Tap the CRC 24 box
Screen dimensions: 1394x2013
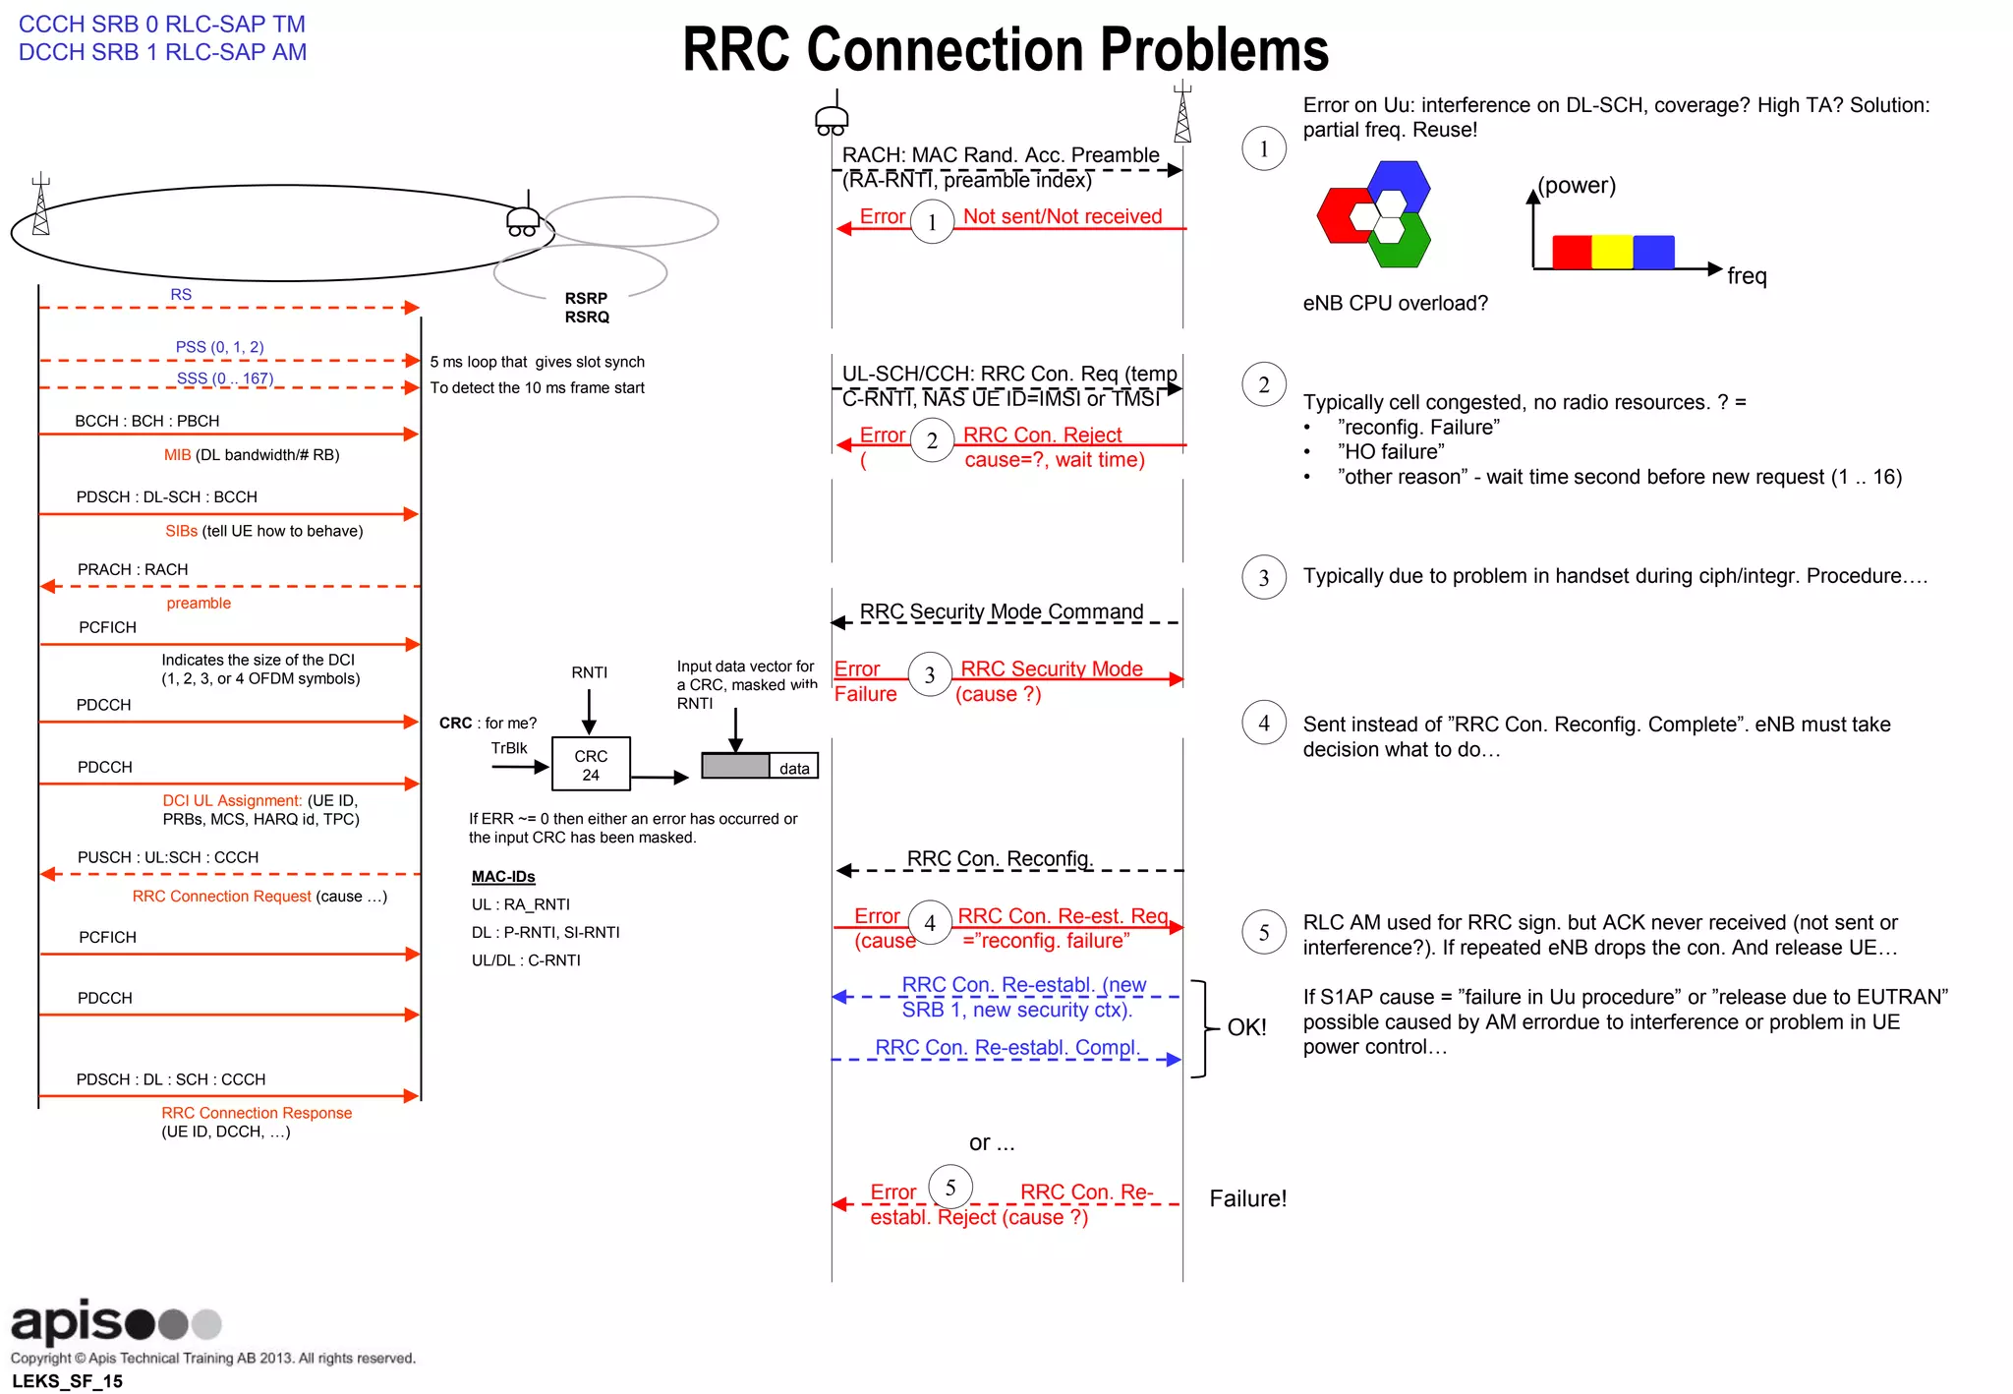coord(591,765)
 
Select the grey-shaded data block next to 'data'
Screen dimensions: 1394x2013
coord(735,766)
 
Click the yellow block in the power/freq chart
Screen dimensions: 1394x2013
coord(1612,252)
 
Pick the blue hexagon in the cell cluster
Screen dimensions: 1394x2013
coord(1399,184)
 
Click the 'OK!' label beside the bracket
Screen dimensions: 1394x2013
coord(1246,1027)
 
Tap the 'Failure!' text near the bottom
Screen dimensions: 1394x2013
coord(1247,1198)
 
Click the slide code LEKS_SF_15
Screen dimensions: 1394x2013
coord(67,1381)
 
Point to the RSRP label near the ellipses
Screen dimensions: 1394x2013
coord(586,298)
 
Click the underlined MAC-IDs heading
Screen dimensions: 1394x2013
coord(503,877)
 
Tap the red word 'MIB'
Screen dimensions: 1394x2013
coord(177,455)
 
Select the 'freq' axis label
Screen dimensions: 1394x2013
coord(1747,276)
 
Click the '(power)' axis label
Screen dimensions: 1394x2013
coord(1577,186)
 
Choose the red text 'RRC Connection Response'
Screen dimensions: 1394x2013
coord(257,1113)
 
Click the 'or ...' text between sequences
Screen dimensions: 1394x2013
coord(992,1142)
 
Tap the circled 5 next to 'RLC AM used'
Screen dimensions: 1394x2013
coord(1264,932)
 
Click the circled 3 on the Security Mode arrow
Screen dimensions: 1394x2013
coord(929,674)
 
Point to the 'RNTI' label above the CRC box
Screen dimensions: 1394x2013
coord(590,672)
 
